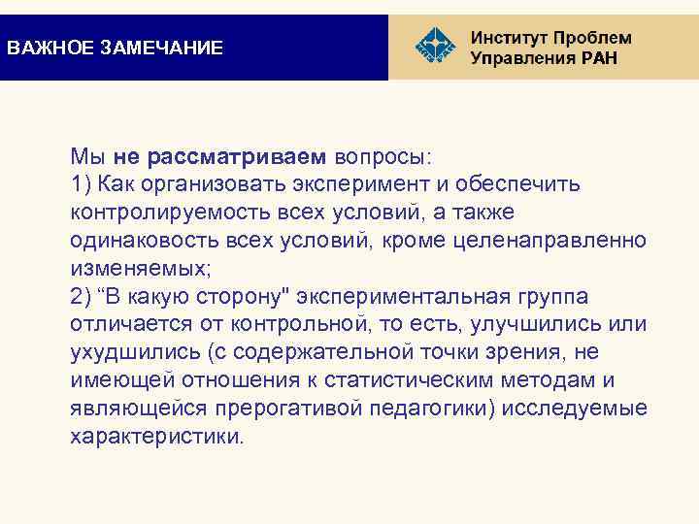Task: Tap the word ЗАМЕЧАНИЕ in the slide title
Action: point(162,48)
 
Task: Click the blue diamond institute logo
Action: point(434,47)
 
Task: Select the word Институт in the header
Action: point(515,38)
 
